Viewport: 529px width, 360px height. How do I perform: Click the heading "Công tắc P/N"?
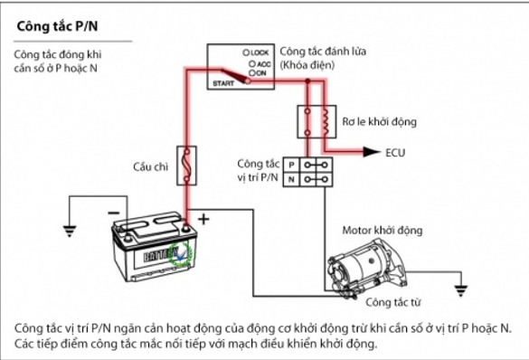pyautogui.click(x=57, y=26)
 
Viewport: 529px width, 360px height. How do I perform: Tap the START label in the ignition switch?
pyautogui.click(x=223, y=83)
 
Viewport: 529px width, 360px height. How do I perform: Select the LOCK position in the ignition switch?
pyautogui.click(x=256, y=52)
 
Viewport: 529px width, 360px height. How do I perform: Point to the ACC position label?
pyautogui.click(x=260, y=63)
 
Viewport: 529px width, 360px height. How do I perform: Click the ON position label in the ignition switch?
pyautogui.click(x=258, y=73)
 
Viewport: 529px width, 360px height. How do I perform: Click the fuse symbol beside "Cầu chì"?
pyautogui.click(x=186, y=166)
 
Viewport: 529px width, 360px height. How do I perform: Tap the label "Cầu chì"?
pyautogui.click(x=150, y=166)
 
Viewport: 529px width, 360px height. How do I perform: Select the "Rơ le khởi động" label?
pyautogui.click(x=379, y=121)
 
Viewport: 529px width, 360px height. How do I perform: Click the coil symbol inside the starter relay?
pyautogui.click(x=326, y=121)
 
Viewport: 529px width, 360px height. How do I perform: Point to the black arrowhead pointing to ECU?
pyautogui.click(x=372, y=152)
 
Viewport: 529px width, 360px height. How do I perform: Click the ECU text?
pyautogui.click(x=395, y=153)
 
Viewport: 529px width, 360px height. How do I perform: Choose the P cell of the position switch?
pyautogui.click(x=291, y=165)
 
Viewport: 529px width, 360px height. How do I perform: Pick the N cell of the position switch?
pyautogui.click(x=291, y=179)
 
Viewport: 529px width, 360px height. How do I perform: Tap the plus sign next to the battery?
pyautogui.click(x=203, y=219)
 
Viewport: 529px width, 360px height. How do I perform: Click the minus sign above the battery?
pyautogui.click(x=114, y=213)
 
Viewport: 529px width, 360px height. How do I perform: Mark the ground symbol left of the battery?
pyautogui.click(x=70, y=231)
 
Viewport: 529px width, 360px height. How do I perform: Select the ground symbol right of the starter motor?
pyautogui.click(x=460, y=290)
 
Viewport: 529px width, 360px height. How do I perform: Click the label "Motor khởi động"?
pyautogui.click(x=383, y=231)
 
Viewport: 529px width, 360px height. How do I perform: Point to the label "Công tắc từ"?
pyautogui.click(x=393, y=302)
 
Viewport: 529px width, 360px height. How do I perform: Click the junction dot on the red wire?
pyautogui.click(x=307, y=81)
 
